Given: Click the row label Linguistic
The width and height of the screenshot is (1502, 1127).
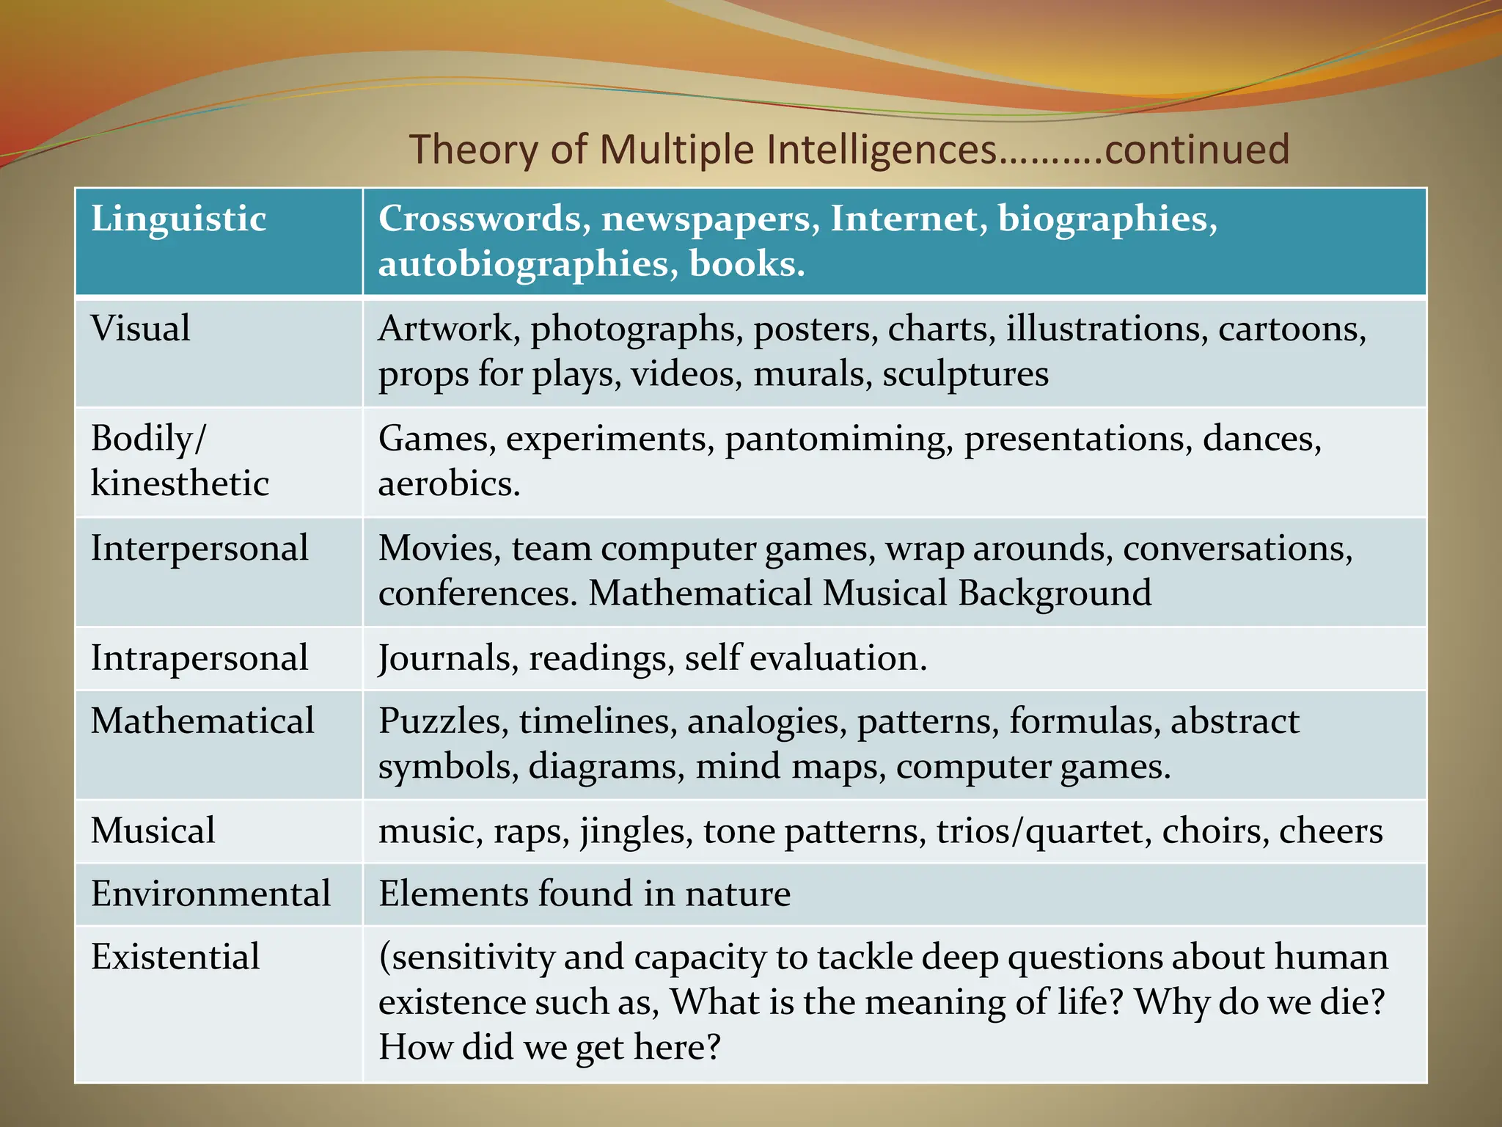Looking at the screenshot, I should point(178,219).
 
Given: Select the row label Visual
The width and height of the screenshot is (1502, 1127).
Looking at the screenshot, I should point(140,328).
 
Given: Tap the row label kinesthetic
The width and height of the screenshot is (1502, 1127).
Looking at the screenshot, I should point(180,484).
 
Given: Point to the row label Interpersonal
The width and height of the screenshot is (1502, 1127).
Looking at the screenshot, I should point(199,548).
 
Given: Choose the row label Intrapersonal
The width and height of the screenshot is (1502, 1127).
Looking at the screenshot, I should point(199,657).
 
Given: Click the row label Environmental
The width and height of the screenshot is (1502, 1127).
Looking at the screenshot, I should point(210,894).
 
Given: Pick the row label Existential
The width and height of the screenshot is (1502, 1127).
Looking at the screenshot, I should point(175,957).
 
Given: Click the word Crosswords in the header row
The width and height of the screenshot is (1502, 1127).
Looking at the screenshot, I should point(485,219).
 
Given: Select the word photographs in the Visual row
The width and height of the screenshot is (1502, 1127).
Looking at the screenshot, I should point(633,329).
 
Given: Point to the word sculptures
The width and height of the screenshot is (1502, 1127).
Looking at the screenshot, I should point(965,374).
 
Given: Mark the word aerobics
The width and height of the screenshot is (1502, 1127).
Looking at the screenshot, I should point(449,484).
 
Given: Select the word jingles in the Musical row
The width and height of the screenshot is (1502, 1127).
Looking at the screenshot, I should point(636,831).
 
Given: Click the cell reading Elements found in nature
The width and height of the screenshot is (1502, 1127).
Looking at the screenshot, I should point(585,894).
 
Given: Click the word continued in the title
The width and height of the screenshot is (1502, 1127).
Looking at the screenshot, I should point(1196,150).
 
